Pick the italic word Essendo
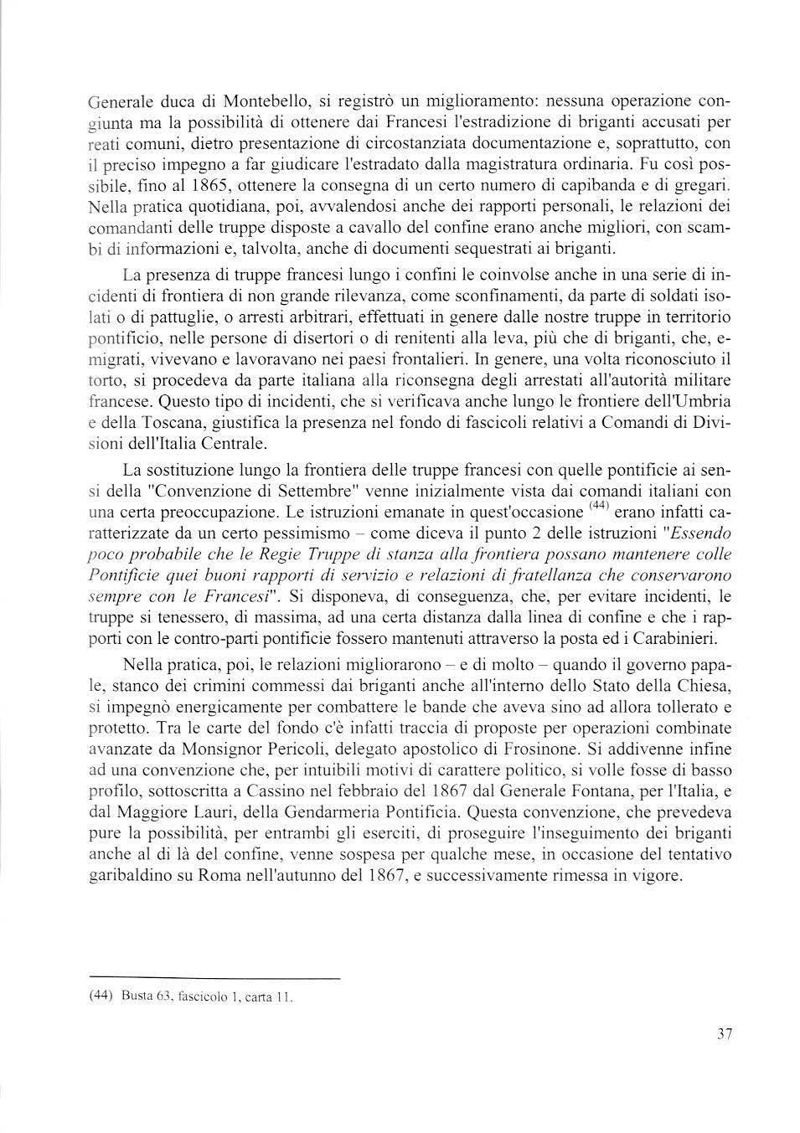[702, 533]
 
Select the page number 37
[725, 1033]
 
